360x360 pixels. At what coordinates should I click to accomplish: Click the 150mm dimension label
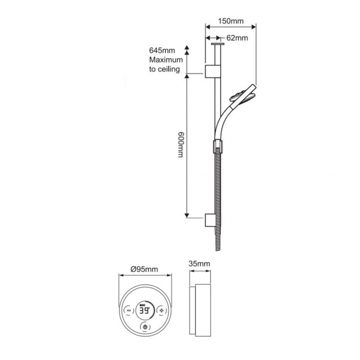tap(231, 21)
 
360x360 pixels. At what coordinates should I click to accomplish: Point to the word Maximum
tap(165, 60)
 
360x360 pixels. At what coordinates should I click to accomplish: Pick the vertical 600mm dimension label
tap(179, 147)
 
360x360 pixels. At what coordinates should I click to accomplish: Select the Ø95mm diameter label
tap(143, 268)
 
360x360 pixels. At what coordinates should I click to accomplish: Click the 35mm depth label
tap(199, 263)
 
